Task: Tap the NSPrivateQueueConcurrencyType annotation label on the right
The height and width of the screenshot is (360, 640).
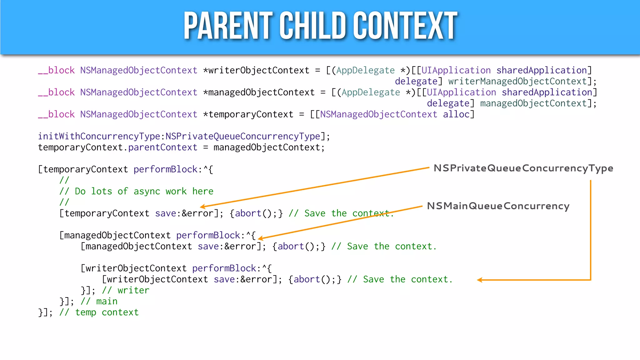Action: pos(523,168)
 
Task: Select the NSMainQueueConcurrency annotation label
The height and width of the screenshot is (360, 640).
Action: pos(498,206)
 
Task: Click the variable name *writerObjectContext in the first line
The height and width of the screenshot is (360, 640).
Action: pos(256,71)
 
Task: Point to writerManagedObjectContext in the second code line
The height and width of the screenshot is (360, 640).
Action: pos(517,82)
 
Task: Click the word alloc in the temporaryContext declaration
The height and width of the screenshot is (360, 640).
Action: pos(456,114)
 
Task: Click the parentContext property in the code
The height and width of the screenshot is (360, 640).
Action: pos(163,147)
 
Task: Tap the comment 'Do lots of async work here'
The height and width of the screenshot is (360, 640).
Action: pos(144,191)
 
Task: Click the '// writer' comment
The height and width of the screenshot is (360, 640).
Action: pos(126,290)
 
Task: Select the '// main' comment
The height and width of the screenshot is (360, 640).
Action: pos(99,301)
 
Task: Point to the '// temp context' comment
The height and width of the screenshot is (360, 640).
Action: pos(99,312)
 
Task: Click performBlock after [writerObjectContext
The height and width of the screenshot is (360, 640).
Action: pos(224,268)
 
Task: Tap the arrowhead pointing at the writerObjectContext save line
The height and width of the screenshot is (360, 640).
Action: pos(480,280)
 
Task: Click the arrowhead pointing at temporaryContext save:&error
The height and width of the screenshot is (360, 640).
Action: pos(202,207)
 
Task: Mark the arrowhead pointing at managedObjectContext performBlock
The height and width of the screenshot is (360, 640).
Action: pos(260,238)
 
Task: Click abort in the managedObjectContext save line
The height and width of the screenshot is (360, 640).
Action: pos(291,246)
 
